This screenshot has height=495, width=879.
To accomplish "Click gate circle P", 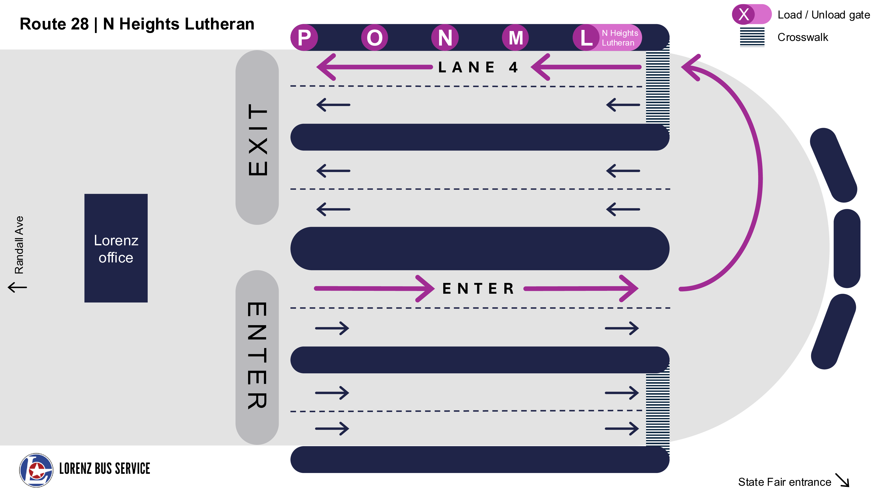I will click(304, 38).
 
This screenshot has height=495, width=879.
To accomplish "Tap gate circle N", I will click(445, 38).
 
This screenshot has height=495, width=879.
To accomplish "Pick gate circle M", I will click(516, 38).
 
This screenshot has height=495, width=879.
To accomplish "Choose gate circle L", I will click(586, 38).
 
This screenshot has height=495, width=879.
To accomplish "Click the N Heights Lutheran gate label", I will click(619, 38).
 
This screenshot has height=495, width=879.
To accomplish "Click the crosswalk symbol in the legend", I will click(752, 37).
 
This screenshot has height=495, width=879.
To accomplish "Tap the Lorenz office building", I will click(116, 248).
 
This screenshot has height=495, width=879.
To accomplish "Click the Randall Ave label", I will click(19, 245).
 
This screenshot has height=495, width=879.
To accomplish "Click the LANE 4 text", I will click(478, 67).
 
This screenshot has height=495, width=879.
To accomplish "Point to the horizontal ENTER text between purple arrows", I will click(478, 289).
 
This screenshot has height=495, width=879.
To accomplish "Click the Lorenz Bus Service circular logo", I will click(36, 470).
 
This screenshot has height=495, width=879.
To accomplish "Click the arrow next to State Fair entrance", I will click(842, 480).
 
